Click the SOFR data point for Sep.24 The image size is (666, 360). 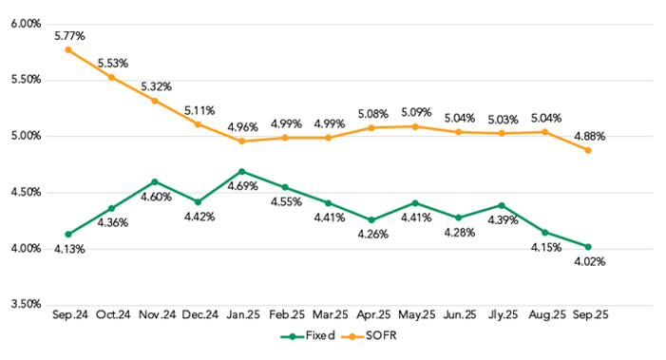pyautogui.click(x=68, y=49)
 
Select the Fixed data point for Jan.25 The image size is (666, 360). pyautogui.click(x=241, y=171)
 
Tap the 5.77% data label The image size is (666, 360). pyautogui.click(x=68, y=35)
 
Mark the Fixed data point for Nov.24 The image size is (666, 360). pyautogui.click(x=155, y=181)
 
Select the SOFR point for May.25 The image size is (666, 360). pyautogui.click(x=414, y=126)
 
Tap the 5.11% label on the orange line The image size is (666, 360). pyautogui.click(x=198, y=109)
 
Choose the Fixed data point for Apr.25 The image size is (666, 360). pyautogui.click(x=371, y=219)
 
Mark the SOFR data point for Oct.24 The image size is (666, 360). pyautogui.click(x=111, y=77)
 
